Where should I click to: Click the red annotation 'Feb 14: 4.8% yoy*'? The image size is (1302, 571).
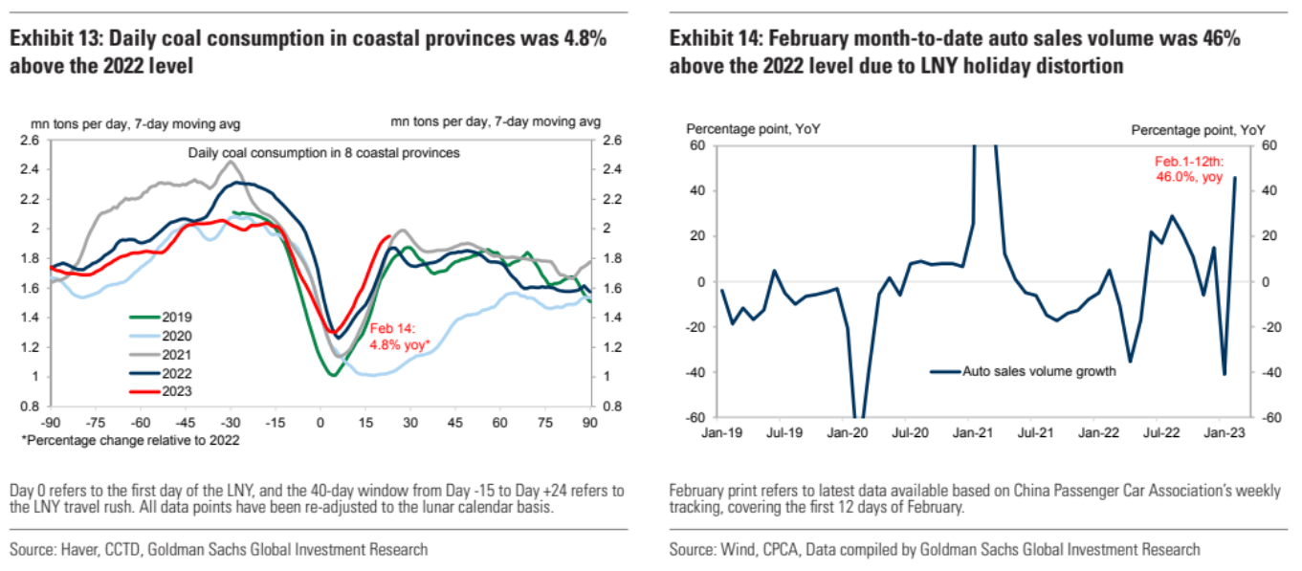pyautogui.click(x=400, y=335)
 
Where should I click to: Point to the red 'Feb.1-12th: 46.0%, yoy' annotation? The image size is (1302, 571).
pyautogui.click(x=1189, y=169)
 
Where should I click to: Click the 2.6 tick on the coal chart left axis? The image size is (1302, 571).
pyautogui.click(x=31, y=140)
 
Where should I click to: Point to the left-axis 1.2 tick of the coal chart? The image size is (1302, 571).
pyautogui.click(x=31, y=347)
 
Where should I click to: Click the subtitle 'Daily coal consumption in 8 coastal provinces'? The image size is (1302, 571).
pyautogui.click(x=323, y=152)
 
